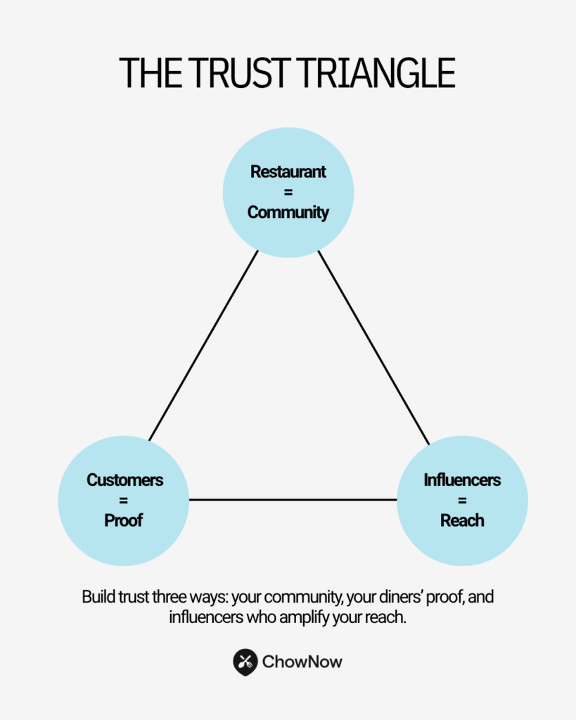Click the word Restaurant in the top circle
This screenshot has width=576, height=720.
pos(288,172)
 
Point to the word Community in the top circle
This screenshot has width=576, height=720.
pos(288,212)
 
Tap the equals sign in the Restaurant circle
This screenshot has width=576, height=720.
pos(288,192)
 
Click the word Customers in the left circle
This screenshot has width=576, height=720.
pos(124,480)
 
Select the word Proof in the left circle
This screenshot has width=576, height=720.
pos(124,521)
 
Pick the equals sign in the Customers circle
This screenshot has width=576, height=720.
pos(124,501)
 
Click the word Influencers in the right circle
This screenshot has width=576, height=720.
pos(462,480)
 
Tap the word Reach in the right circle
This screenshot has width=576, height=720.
pos(462,521)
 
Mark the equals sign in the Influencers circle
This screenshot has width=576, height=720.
pos(462,501)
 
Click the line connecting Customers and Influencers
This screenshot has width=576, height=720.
pos(293,500)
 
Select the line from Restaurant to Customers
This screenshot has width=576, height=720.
pos(203,346)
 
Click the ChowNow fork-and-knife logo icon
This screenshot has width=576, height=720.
pos(245,661)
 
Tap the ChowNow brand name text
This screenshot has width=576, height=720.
pos(302,662)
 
